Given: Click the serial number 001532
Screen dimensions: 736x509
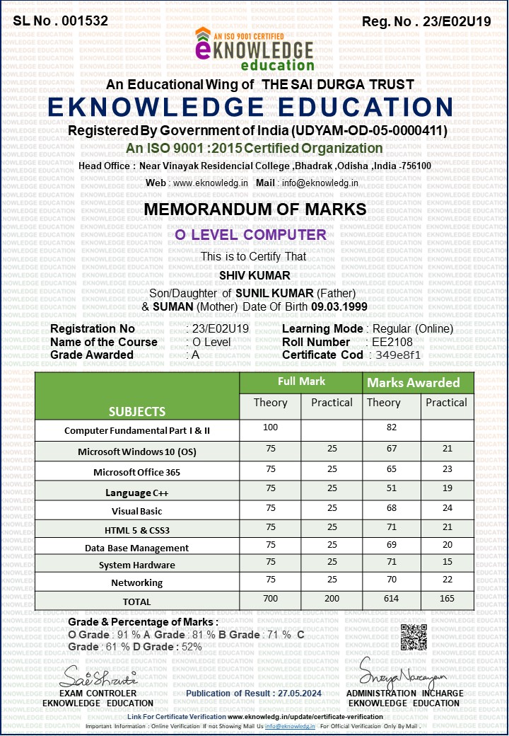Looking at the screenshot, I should (85, 21).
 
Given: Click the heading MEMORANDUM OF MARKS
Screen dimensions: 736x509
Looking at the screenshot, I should (255, 209).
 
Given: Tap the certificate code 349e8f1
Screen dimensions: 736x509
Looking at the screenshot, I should (398, 355).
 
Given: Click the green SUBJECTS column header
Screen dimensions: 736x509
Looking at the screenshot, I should (137, 411).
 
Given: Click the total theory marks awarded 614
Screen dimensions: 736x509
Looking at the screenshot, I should (391, 599).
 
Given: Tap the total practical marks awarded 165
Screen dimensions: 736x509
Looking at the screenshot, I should (447, 599).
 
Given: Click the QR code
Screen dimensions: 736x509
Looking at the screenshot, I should (414, 638).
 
